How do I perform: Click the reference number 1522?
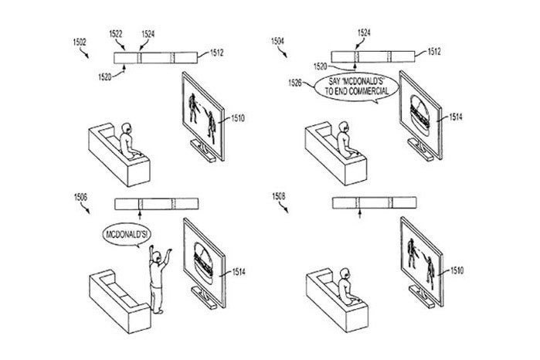click(x=116, y=33)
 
